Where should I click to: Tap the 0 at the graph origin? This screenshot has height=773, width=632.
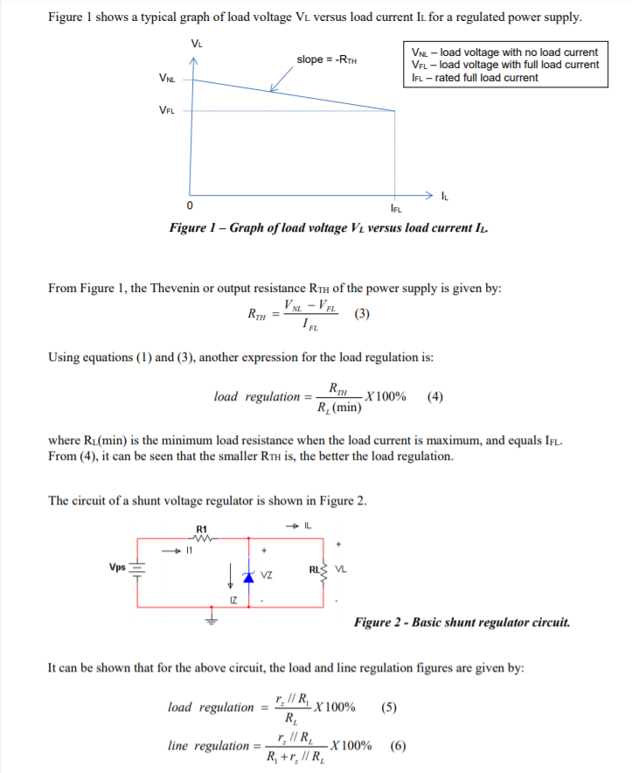click(x=190, y=205)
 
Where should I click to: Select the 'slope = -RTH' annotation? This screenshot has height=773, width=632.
click(x=325, y=59)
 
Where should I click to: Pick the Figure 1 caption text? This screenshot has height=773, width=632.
click(x=330, y=228)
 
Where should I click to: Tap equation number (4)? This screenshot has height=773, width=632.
click(x=435, y=396)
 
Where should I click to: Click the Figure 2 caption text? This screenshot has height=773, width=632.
click(x=462, y=623)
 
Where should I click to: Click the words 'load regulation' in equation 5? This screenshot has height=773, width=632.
click(x=209, y=707)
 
